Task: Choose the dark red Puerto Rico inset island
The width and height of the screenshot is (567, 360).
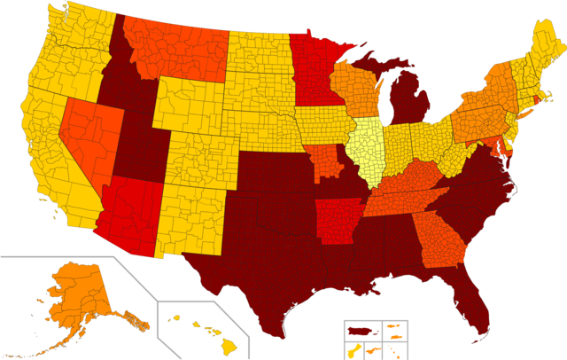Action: [x=358, y=332]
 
